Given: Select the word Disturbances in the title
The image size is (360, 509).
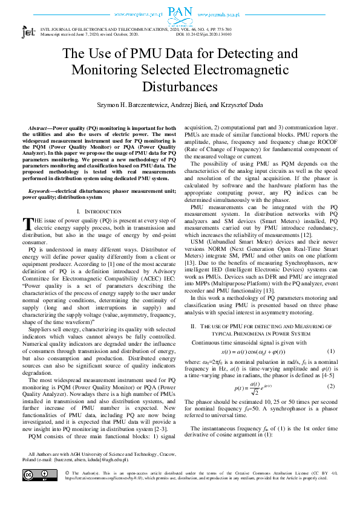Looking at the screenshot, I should pyautogui.click(x=180, y=86).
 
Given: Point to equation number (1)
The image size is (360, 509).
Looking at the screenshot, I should pyautogui.click(x=330, y=352).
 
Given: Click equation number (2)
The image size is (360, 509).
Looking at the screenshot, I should pyautogui.click(x=330, y=386).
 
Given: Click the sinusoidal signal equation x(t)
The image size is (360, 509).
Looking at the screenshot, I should pyautogui.click(x=254, y=352).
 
